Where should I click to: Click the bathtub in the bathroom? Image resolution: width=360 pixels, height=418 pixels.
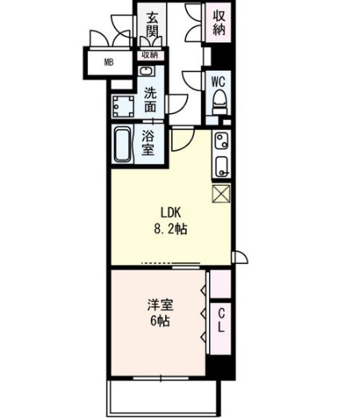tap(123, 145)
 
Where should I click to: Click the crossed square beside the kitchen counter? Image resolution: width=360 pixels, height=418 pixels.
tap(221, 194)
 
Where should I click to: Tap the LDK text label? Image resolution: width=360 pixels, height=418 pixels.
tap(171, 212)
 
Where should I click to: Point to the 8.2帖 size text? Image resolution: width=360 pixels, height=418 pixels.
tap(171, 229)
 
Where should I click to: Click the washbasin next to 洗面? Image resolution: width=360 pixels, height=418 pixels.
tap(148, 71)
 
